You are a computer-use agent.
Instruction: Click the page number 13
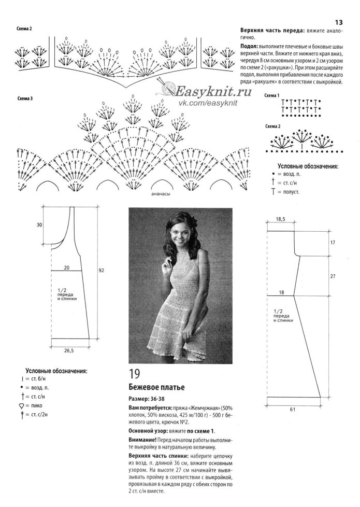[339, 22]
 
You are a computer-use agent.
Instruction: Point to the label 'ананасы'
[162, 195]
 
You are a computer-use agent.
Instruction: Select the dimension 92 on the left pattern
[102, 270]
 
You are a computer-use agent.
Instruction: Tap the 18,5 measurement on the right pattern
[280, 219]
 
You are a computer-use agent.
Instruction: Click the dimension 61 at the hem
[293, 409]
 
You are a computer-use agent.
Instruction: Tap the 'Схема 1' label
[272, 96]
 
